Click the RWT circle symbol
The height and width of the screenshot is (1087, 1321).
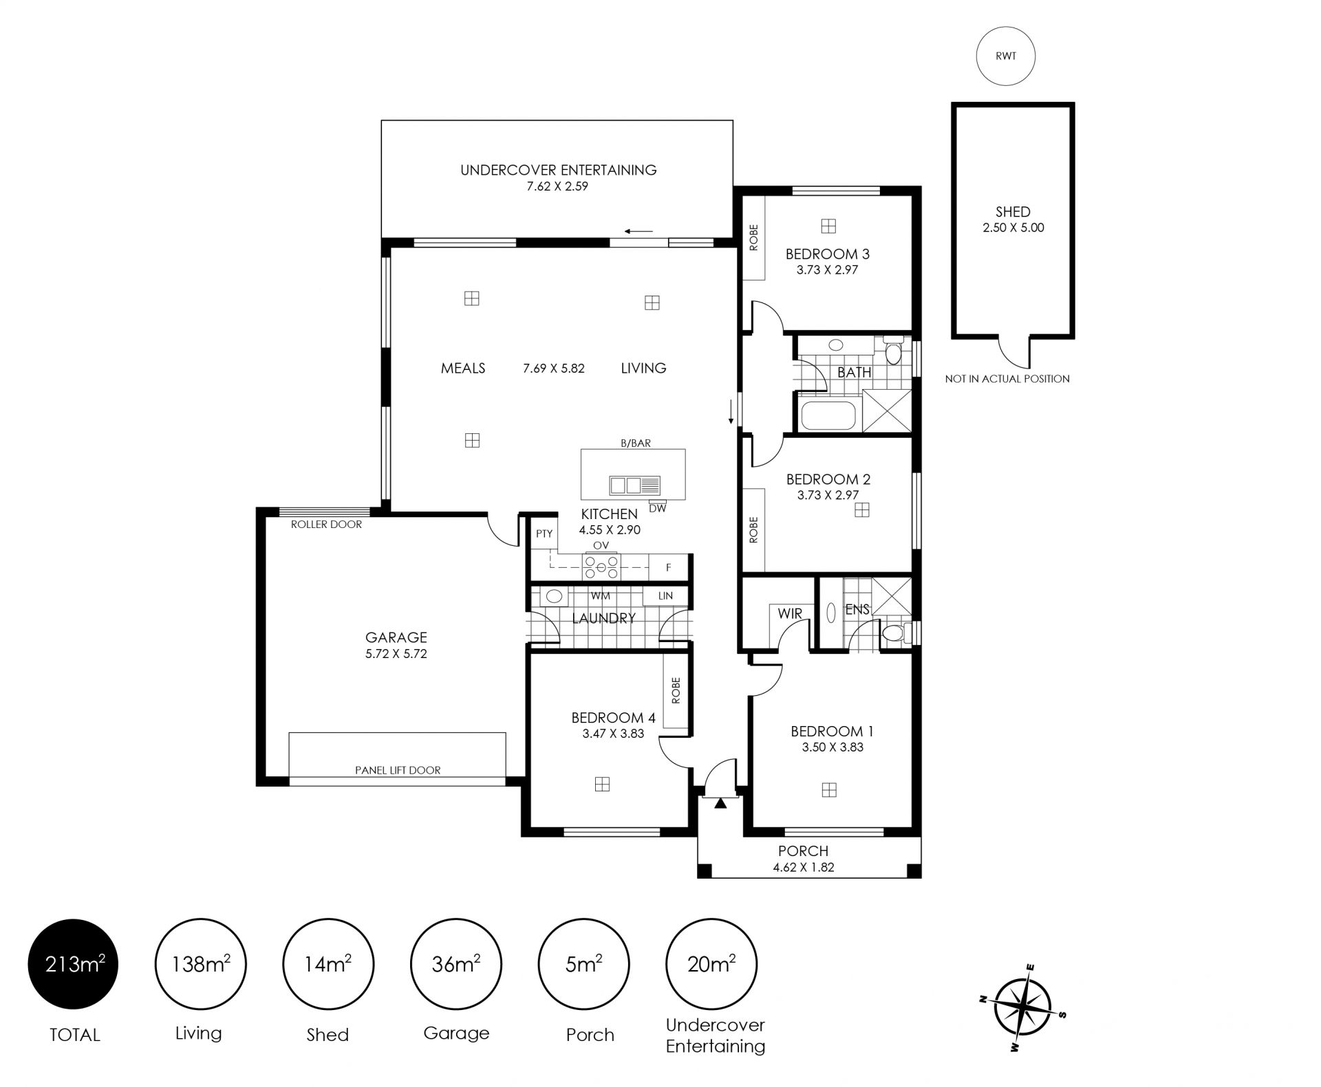click(x=1005, y=56)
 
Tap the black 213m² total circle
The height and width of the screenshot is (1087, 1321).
click(x=73, y=964)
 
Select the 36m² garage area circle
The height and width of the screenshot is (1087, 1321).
click(x=455, y=964)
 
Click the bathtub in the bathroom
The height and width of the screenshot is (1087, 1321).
click(x=828, y=415)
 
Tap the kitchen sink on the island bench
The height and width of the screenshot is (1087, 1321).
click(x=634, y=485)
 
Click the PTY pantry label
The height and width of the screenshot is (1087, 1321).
click(x=544, y=534)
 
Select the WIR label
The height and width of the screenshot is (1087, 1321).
click(x=790, y=613)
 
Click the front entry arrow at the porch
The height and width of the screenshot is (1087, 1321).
click(x=720, y=802)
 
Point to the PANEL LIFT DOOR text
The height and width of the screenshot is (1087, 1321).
click(x=398, y=770)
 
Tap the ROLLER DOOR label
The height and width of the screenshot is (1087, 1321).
click(x=326, y=524)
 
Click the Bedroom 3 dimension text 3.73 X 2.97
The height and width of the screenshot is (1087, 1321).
click(x=827, y=270)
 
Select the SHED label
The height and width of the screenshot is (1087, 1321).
click(x=1013, y=212)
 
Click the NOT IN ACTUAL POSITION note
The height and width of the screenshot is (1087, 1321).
click(x=1007, y=378)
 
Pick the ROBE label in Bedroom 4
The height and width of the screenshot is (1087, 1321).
click(x=676, y=690)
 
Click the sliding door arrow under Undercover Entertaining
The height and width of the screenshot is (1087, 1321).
click(x=639, y=232)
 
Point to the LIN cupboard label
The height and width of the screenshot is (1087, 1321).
click(x=665, y=596)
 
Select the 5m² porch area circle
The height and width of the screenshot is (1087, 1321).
click(x=583, y=964)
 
